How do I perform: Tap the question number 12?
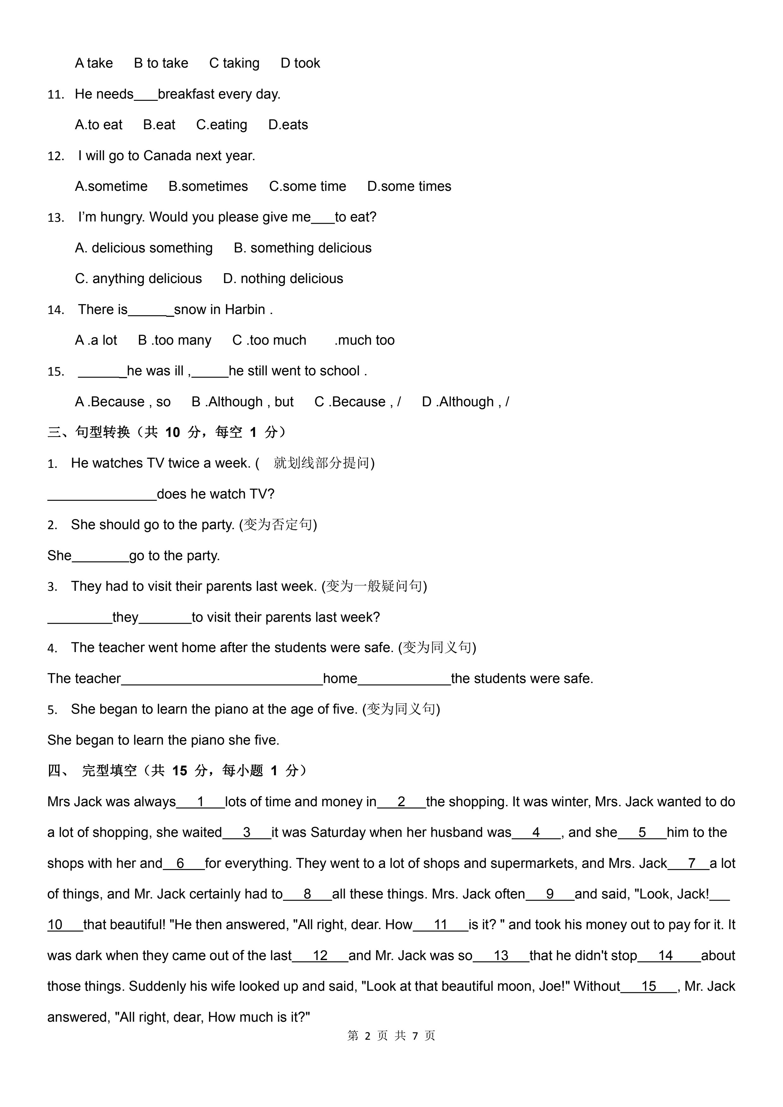coord(56,156)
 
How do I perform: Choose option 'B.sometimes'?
coord(208,187)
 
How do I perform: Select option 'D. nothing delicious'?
coord(283,279)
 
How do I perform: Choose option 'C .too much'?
coord(269,340)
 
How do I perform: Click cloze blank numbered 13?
coord(501,956)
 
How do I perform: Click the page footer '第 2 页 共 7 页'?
coord(391,1036)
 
